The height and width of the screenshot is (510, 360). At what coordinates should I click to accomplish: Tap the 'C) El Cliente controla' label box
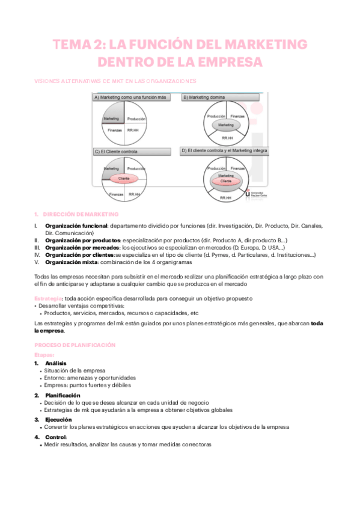[x=117, y=152]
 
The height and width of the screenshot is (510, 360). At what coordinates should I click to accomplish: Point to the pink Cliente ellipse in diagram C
[x=124, y=179]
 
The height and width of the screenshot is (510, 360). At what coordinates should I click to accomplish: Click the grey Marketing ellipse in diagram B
[x=225, y=125]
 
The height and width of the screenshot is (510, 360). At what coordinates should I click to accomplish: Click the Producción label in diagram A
[x=138, y=118]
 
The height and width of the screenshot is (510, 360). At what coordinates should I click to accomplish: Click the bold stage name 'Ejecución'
[x=58, y=419]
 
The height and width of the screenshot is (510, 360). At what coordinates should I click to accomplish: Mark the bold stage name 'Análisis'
[x=56, y=363]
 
